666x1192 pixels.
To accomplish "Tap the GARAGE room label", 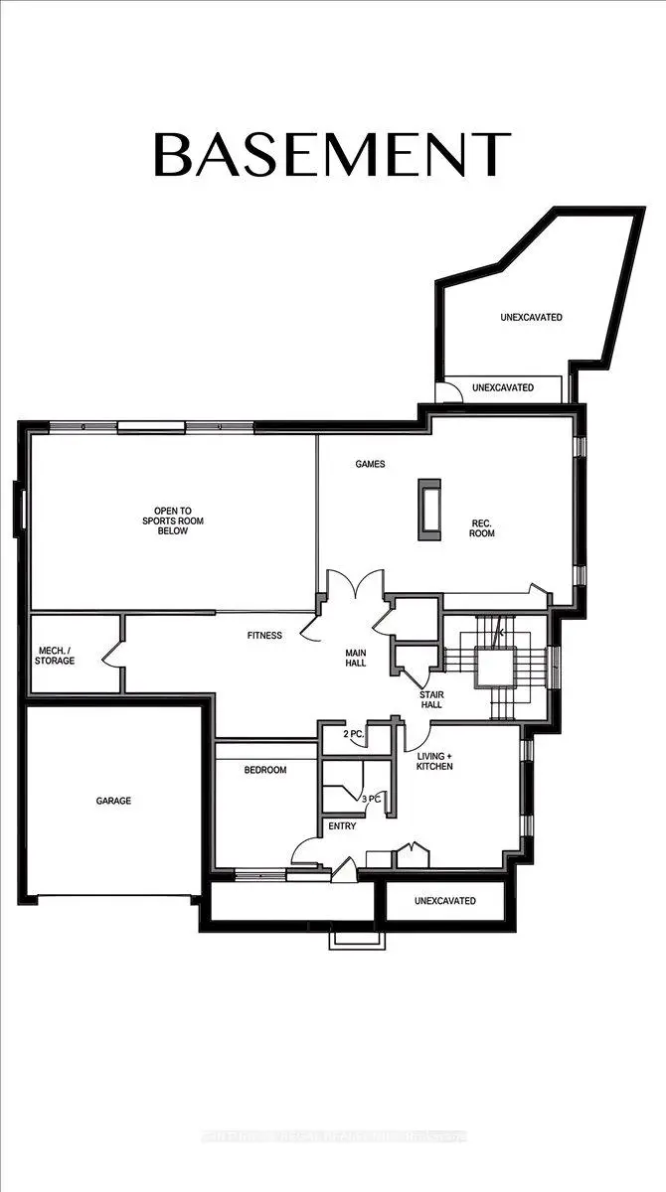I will tap(113, 801).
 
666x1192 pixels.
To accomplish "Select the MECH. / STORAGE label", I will tap(56, 655).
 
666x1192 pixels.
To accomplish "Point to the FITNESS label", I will tap(265, 635).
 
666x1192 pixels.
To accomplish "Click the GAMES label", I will tap(370, 464).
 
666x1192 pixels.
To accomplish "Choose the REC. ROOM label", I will tap(482, 528).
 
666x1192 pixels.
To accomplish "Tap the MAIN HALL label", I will tap(356, 658).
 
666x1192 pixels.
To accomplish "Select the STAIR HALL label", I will tap(431, 699).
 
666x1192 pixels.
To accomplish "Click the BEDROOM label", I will tap(265, 770).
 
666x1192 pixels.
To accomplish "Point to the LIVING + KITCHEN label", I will tap(435, 760).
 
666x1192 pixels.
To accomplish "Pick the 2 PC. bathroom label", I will tap(353, 734).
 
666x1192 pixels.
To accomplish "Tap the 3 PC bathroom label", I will tap(370, 798).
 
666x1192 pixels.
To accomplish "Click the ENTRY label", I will tap(342, 826).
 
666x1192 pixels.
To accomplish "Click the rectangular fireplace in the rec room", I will tap(429, 509).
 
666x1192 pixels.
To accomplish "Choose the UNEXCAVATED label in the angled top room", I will tap(531, 318).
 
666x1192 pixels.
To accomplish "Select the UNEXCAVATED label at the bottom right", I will tap(444, 901).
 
